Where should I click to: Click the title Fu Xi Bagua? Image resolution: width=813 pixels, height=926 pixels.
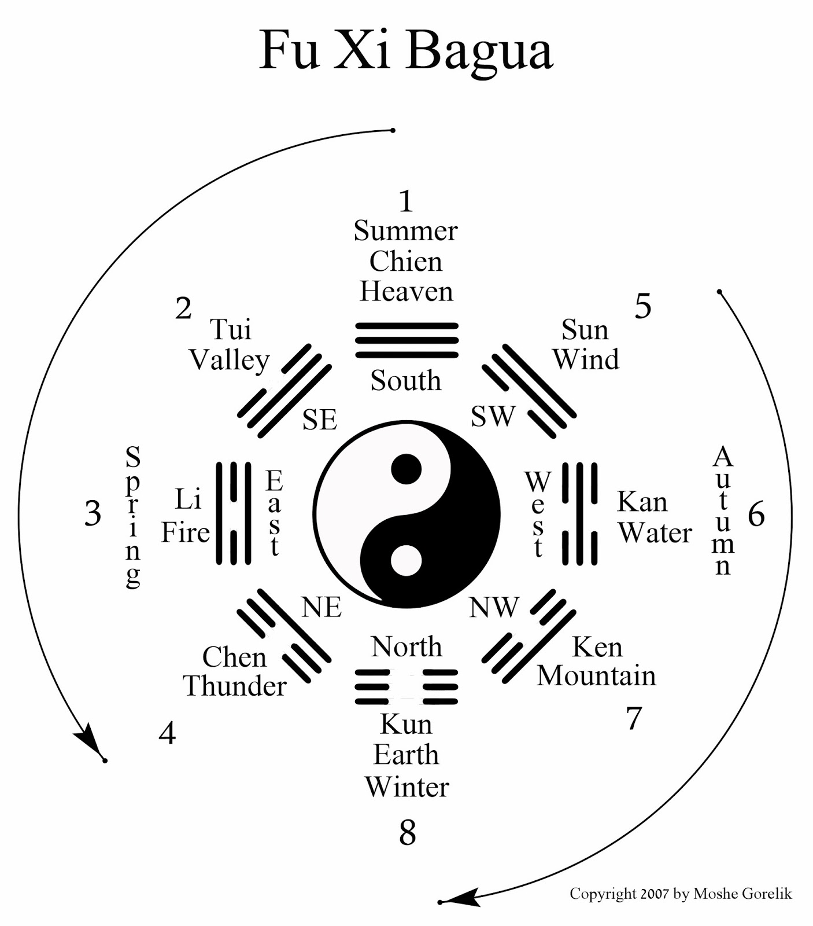[406, 51]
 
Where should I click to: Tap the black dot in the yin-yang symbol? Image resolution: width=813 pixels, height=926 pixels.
[407, 469]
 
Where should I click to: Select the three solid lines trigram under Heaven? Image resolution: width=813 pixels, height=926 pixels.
[407, 340]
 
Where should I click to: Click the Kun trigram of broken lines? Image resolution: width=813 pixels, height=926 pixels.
[407, 687]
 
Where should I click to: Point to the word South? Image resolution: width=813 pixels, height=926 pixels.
[406, 381]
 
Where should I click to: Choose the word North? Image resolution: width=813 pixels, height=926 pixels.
[407, 646]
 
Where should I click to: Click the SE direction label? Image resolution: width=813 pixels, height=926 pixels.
[320, 420]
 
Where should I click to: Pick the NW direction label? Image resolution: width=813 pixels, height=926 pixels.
[494, 607]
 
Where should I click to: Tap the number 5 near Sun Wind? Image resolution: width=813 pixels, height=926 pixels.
[643, 306]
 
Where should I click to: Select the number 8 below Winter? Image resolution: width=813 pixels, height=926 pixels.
[407, 833]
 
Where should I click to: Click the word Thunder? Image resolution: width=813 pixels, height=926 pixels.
[235, 686]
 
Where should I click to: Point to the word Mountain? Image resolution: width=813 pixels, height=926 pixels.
[596, 675]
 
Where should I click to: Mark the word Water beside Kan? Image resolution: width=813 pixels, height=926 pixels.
[655, 532]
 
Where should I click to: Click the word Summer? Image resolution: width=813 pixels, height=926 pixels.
[406, 231]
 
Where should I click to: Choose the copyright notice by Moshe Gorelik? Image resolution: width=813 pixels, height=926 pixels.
[681, 894]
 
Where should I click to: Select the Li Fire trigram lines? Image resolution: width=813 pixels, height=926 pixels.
[234, 513]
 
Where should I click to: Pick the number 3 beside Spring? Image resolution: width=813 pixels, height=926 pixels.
[93, 513]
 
